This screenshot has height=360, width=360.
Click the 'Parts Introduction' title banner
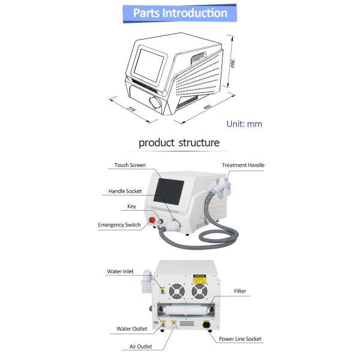(x=180, y=13)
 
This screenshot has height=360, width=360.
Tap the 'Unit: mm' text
(x=244, y=124)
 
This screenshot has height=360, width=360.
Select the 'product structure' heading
(x=179, y=143)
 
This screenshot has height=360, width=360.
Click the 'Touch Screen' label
(x=130, y=165)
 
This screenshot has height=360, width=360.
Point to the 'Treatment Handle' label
(x=243, y=165)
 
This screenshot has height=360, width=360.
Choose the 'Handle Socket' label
(x=125, y=191)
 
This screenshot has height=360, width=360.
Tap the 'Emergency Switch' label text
(x=119, y=225)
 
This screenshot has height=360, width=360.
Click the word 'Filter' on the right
(x=240, y=292)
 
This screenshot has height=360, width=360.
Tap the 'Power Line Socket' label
(x=240, y=339)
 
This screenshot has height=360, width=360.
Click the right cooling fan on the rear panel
(x=199, y=290)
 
